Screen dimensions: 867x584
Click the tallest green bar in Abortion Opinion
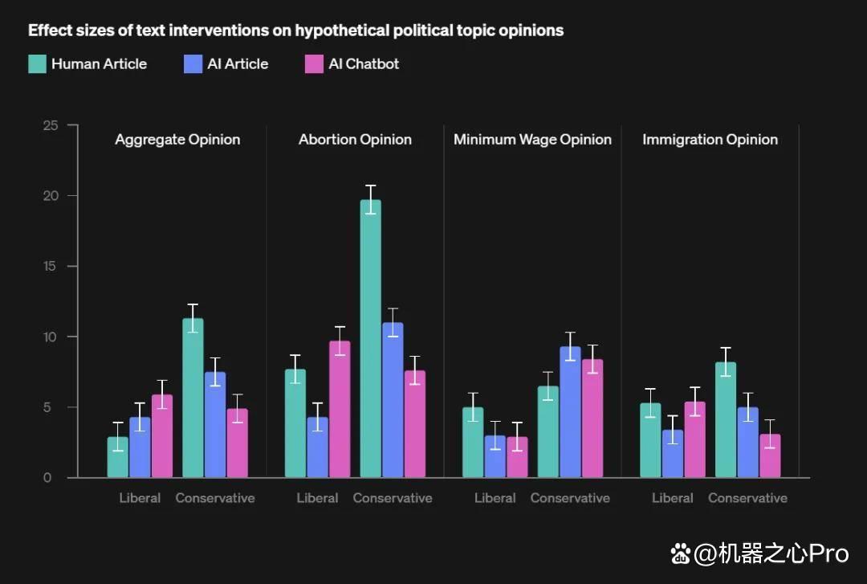pyautogui.click(x=370, y=338)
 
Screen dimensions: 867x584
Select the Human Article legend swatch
pyautogui.click(x=37, y=64)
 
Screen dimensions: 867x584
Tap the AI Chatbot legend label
pyautogui.click(x=364, y=64)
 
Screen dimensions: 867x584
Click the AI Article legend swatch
pyautogui.click(x=193, y=64)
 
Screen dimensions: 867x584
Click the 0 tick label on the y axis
pyautogui.click(x=47, y=478)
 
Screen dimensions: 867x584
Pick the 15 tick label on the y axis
pyautogui.click(x=50, y=266)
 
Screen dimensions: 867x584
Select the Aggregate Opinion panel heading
pyautogui.click(x=177, y=140)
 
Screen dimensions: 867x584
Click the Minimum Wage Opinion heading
pyautogui.click(x=532, y=140)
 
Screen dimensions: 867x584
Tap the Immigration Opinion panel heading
pyautogui.click(x=710, y=140)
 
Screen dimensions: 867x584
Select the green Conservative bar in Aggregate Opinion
pyautogui.click(x=193, y=398)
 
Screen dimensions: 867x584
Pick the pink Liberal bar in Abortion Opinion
pyautogui.click(x=340, y=409)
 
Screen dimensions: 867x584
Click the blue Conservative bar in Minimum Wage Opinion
pyautogui.click(x=570, y=412)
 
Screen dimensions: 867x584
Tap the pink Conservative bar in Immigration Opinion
pyautogui.click(x=770, y=455)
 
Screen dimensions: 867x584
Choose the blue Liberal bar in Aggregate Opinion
pyautogui.click(x=140, y=447)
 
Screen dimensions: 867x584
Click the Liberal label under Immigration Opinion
pyautogui.click(x=673, y=498)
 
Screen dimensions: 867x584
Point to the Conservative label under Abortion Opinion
pyautogui.click(x=393, y=498)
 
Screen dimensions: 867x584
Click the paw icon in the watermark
pyautogui.click(x=681, y=553)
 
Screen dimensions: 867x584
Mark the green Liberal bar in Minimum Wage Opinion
pyautogui.click(x=473, y=443)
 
